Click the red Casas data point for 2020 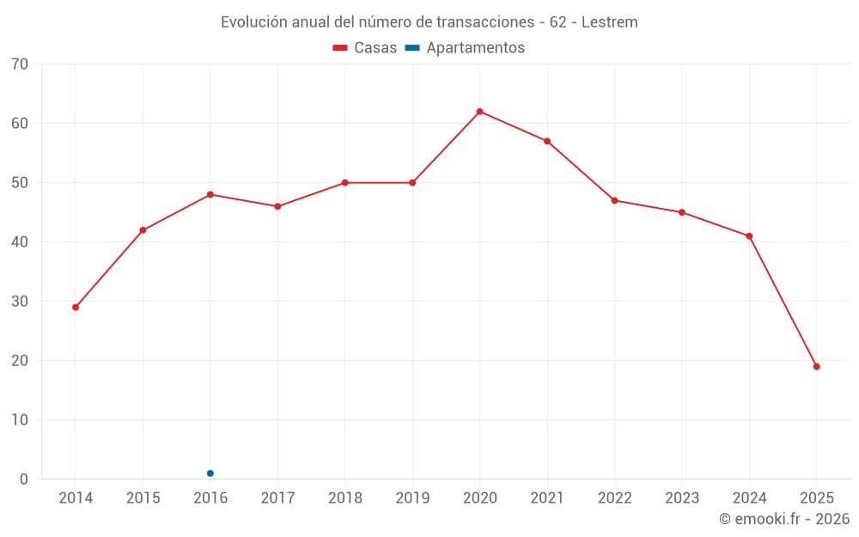click(x=479, y=112)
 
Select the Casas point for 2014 click(x=76, y=307)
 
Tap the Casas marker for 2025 click(x=816, y=367)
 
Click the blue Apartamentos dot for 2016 click(x=210, y=473)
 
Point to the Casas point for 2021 click(x=547, y=141)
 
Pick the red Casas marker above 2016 click(x=210, y=194)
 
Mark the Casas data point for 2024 click(x=749, y=236)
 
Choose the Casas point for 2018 click(x=345, y=183)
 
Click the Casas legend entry click(x=365, y=48)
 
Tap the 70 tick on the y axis click(x=20, y=64)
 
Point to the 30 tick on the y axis click(x=20, y=302)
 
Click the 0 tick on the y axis click(x=24, y=479)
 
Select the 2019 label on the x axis click(x=412, y=498)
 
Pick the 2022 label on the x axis click(x=614, y=498)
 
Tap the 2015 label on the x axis click(x=143, y=498)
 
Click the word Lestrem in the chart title click(x=609, y=22)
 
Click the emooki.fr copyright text click(x=783, y=519)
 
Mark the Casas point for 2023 click(x=682, y=212)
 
